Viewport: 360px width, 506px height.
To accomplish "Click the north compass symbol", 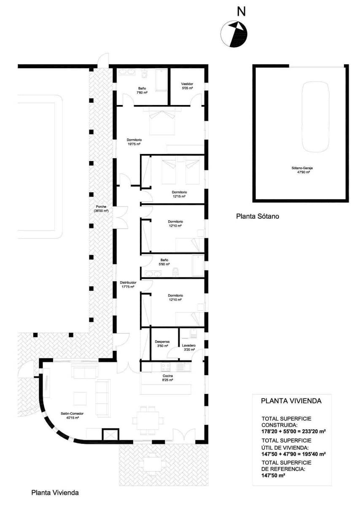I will [235, 34].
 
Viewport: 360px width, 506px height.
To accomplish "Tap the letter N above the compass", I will [241, 11].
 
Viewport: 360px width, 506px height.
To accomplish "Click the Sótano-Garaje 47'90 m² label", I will [302, 170].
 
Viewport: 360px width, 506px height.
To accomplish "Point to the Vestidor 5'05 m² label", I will [187, 86].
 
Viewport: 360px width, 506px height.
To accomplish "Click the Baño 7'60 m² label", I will [142, 90].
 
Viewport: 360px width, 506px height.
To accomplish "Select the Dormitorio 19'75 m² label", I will [134, 142].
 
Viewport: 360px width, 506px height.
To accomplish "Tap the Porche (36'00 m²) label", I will [102, 208].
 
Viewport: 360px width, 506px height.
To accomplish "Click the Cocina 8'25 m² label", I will [168, 378].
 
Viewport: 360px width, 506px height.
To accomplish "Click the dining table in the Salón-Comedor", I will [148, 420].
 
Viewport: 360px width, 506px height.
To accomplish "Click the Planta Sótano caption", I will [258, 216].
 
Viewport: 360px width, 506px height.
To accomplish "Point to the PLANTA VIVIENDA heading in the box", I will [291, 401].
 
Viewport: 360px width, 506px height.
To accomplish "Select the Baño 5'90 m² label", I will [164, 262].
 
